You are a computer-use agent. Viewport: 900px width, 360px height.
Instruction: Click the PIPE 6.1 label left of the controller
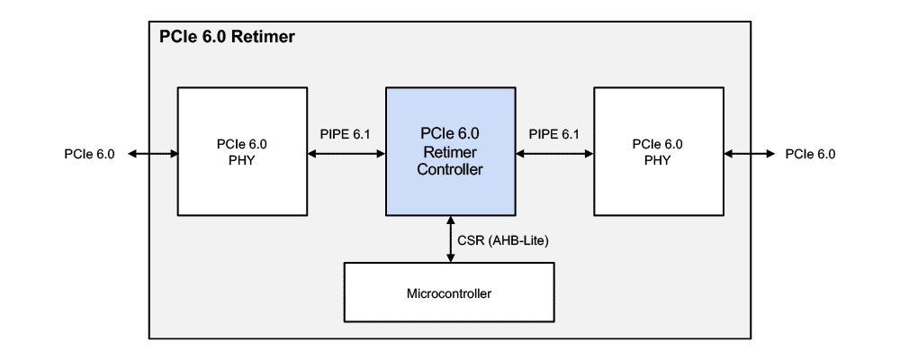point(346,134)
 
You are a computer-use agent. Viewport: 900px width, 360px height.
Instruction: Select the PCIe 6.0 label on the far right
point(810,153)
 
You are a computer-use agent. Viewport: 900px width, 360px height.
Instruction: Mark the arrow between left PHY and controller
point(346,153)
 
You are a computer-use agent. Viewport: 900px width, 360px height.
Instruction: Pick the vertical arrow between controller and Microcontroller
point(450,239)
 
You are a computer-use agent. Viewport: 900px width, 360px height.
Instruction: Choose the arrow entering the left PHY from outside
point(153,153)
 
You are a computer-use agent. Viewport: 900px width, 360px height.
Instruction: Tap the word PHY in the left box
point(241,158)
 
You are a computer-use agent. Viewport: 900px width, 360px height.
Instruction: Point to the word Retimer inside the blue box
point(449,150)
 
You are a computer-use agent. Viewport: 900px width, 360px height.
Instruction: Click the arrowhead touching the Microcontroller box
point(450,258)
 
